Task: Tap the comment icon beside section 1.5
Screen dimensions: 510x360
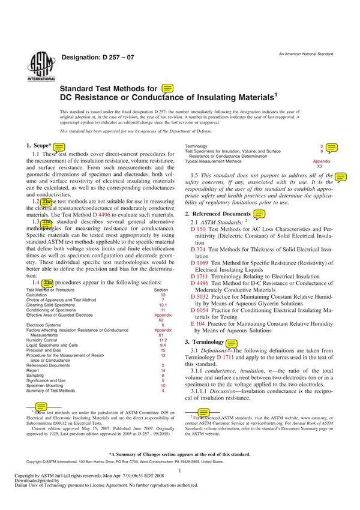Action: [x=341, y=178]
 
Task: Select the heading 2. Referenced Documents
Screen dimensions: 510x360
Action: [x=218, y=214]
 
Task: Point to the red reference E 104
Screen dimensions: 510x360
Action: [x=197, y=324]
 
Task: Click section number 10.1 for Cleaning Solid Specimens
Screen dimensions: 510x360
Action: [x=163, y=305]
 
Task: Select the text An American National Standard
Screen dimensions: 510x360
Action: [x=305, y=54]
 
